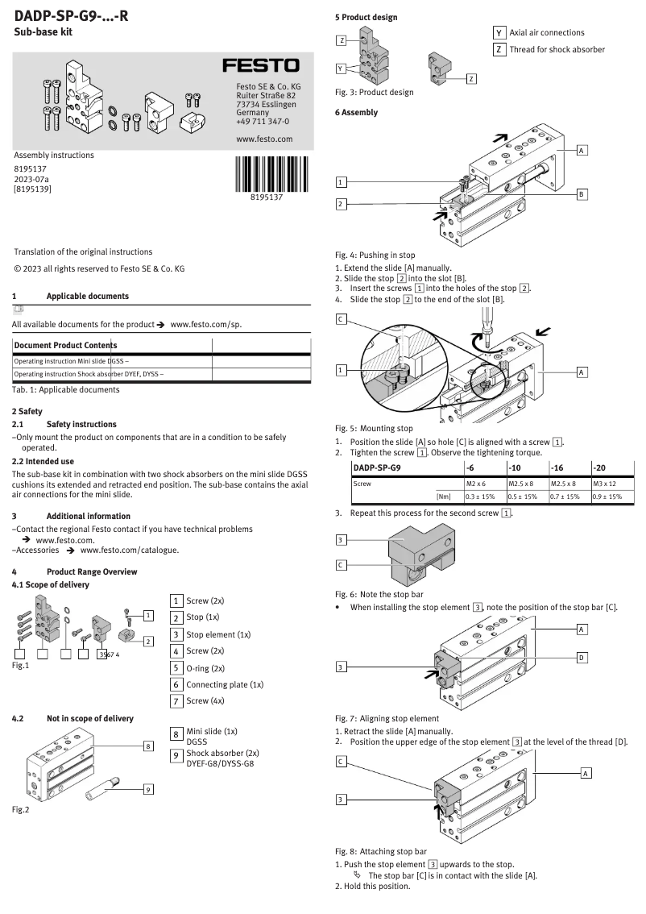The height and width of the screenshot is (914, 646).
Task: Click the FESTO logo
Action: tap(260, 65)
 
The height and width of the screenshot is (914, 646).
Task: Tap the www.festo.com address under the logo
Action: tap(264, 139)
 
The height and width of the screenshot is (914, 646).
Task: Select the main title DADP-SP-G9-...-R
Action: tap(71, 15)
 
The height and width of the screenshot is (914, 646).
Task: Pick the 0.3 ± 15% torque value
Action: tap(481, 496)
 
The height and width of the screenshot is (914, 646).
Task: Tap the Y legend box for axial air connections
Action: tap(499, 32)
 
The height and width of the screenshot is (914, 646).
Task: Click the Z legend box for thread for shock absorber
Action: tap(499, 49)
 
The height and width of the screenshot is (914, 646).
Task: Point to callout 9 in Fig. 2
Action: tap(148, 789)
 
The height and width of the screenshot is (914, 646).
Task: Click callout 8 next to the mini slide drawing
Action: tap(148, 746)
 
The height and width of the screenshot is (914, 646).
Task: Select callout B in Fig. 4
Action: tap(582, 194)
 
